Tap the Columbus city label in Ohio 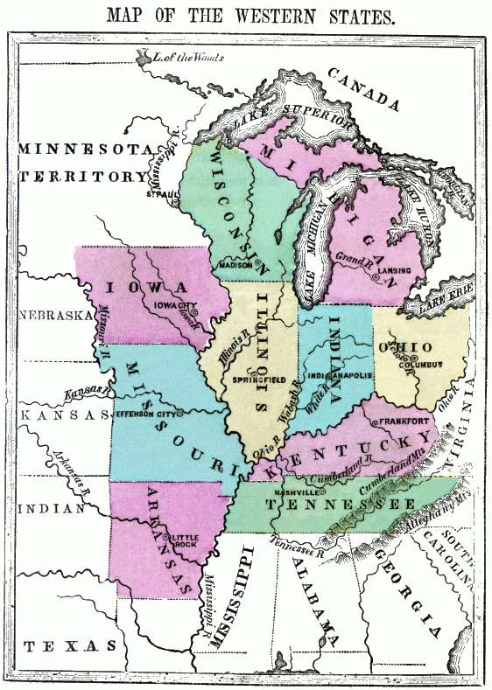[424, 364]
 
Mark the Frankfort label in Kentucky [406, 422]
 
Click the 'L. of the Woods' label [187, 58]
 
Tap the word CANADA [369, 90]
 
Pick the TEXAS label [69, 645]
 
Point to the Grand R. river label [352, 258]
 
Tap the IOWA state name [145, 287]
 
